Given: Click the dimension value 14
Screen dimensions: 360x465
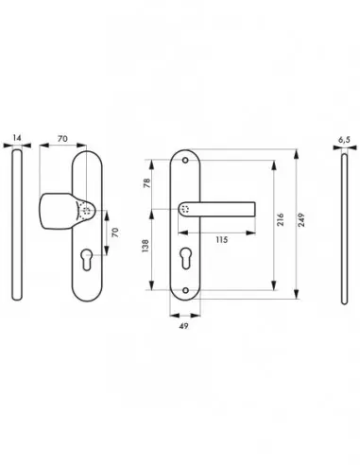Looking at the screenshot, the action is coord(17,138).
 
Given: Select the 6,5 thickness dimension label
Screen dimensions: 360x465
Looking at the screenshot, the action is coord(344,140).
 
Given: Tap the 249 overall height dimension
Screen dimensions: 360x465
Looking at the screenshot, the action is coord(301,219).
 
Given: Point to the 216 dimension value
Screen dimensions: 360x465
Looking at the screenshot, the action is coord(281,219).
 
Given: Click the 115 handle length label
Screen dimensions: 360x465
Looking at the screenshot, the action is coord(222,240).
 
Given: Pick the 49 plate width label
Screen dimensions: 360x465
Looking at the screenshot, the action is coord(184,326).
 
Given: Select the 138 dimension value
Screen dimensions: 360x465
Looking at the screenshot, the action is coord(146,246).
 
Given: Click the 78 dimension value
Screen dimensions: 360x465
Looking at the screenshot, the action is coord(147,183).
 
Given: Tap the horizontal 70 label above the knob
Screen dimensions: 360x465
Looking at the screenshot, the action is coord(62,138).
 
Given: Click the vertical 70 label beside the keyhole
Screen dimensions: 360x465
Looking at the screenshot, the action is coord(115,232).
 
